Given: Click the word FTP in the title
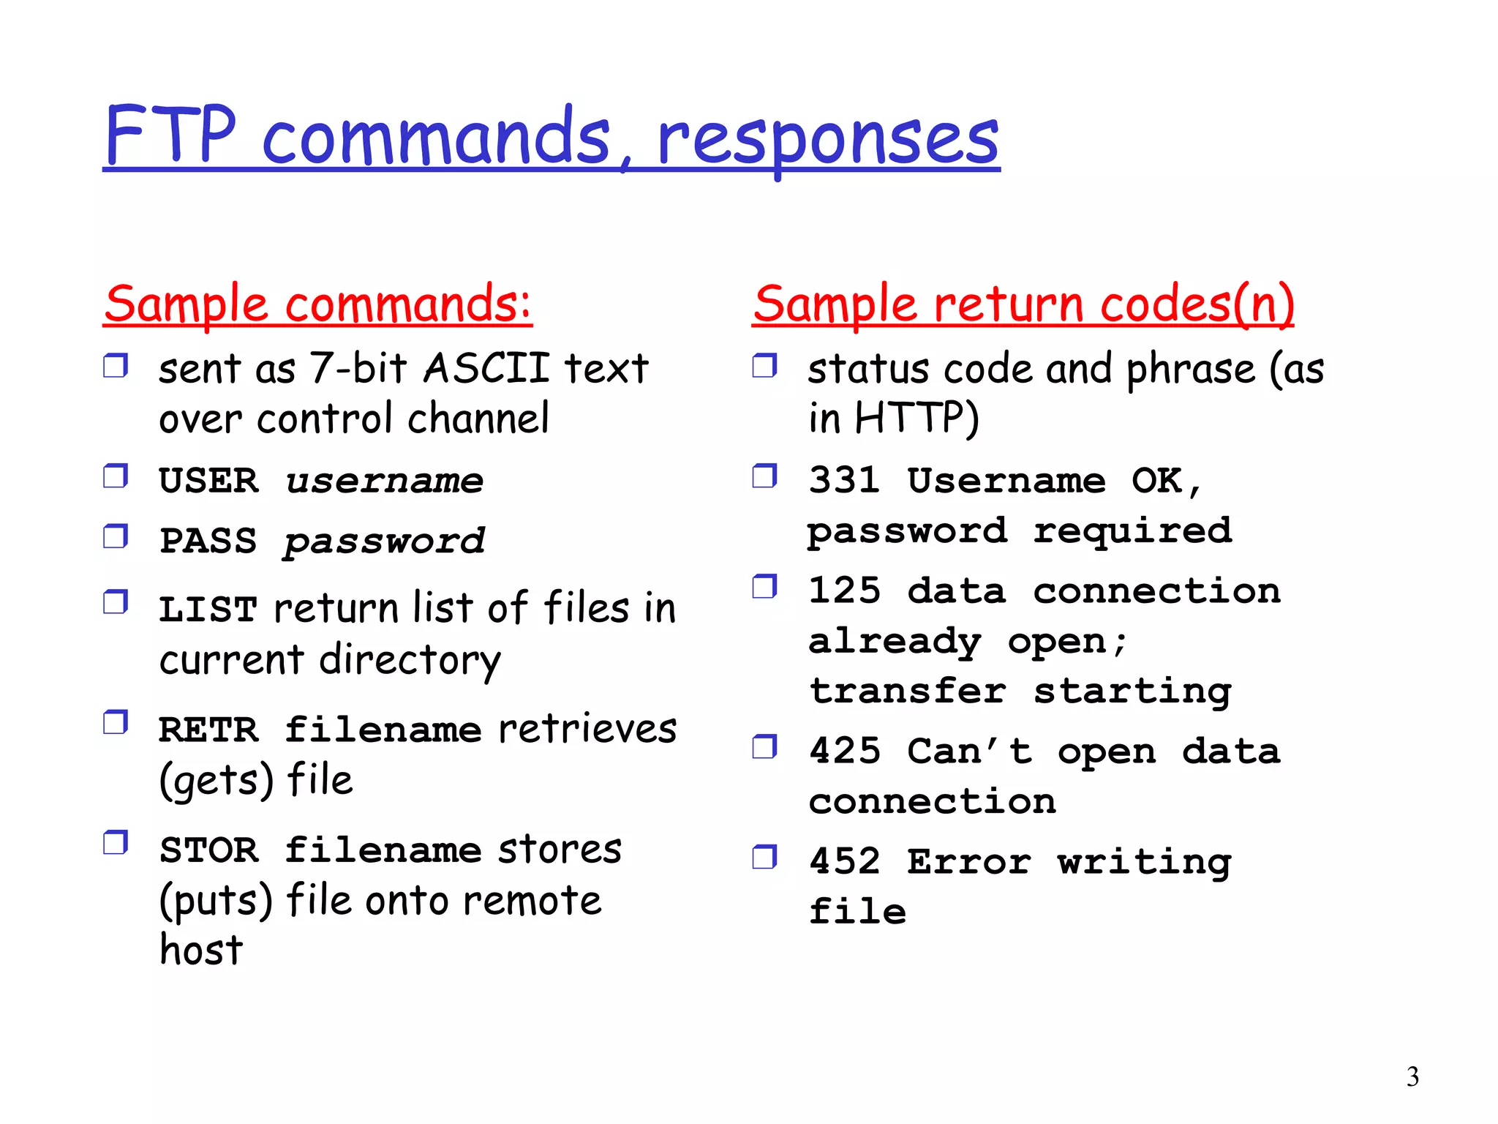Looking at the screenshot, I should click(170, 135).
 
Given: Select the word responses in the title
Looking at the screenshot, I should click(828, 139).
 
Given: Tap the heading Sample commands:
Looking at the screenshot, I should click(317, 304).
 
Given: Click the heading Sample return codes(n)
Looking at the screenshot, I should click(1023, 304).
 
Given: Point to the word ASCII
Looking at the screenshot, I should click(486, 367).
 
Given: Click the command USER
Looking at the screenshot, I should click(208, 481).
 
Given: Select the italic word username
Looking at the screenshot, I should click(385, 481).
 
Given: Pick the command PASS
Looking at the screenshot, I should click(208, 542).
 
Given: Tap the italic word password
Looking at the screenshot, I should click(385, 542).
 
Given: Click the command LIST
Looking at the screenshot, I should click(208, 610).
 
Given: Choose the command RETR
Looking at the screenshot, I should click(208, 730).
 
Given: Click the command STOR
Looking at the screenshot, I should click(208, 850).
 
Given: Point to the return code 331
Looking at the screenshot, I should click(845, 481).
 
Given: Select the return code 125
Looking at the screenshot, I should click(845, 591).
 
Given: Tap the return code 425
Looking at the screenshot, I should click(845, 752).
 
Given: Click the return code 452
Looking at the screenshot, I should click(845, 861).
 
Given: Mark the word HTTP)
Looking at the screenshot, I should click(917, 419).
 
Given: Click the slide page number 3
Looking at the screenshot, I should click(1412, 1077).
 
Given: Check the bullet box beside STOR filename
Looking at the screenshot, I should click(116, 843).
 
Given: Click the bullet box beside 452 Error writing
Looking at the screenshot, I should click(764, 856).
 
